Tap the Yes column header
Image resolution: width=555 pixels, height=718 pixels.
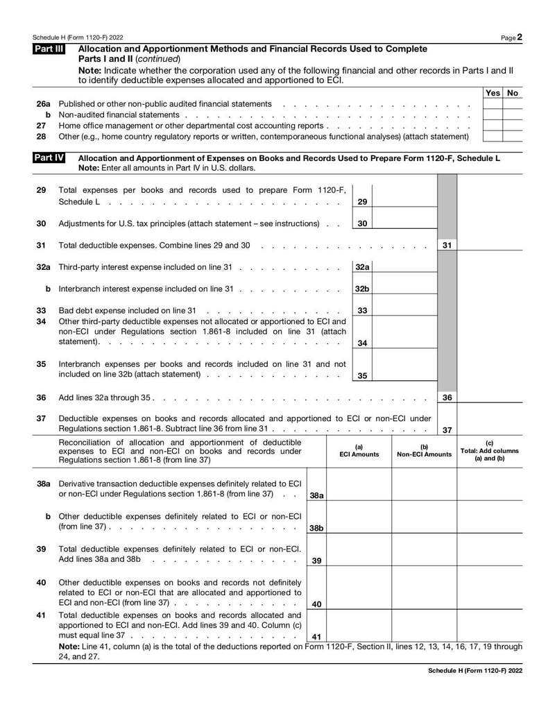click(493, 93)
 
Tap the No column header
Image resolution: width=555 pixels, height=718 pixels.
click(513, 93)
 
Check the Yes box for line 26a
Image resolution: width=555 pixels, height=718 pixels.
click(493, 103)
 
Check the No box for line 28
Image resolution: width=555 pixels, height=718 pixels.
click(513, 136)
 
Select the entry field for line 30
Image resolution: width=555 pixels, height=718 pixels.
click(405, 223)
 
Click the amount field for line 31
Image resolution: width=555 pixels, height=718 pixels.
click(490, 245)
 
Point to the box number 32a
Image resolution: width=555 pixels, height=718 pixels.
click(362, 266)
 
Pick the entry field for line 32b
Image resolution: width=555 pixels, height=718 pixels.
click(405, 288)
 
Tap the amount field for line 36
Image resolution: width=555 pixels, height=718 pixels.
click(490, 398)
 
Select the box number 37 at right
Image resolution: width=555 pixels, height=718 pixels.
click(447, 430)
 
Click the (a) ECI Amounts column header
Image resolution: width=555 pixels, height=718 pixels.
click(358, 450)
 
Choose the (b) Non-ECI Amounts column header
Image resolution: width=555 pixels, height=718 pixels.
click(424, 450)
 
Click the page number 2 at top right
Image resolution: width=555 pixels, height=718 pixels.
click(520, 37)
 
